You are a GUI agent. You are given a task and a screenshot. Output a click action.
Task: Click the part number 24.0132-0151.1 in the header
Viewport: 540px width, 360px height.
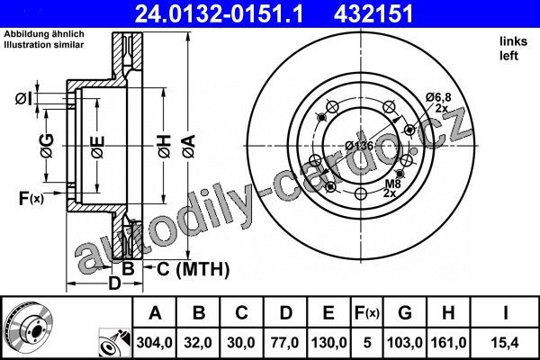pyautogui.click(x=219, y=14)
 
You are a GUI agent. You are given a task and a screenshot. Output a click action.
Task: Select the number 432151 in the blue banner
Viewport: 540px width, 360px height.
pyautogui.click(x=373, y=14)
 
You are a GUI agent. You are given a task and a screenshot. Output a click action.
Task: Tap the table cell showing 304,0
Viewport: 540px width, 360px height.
pyautogui.click(x=154, y=343)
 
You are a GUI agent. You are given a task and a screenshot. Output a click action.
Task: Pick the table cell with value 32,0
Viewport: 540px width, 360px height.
pyautogui.click(x=198, y=343)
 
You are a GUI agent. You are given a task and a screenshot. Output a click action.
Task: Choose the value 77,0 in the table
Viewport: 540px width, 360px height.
pyautogui.click(x=285, y=343)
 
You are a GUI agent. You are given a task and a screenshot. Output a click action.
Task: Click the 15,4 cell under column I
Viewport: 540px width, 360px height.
pyautogui.click(x=505, y=343)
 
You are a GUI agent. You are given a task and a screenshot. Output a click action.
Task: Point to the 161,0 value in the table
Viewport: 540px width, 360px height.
pyautogui.click(x=448, y=343)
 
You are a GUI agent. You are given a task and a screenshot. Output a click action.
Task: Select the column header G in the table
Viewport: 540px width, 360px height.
pyautogui.click(x=405, y=313)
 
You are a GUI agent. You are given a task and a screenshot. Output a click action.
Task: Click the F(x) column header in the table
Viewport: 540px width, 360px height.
pyautogui.click(x=367, y=313)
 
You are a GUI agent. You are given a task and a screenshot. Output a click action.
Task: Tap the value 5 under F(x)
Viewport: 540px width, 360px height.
pyautogui.click(x=367, y=343)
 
